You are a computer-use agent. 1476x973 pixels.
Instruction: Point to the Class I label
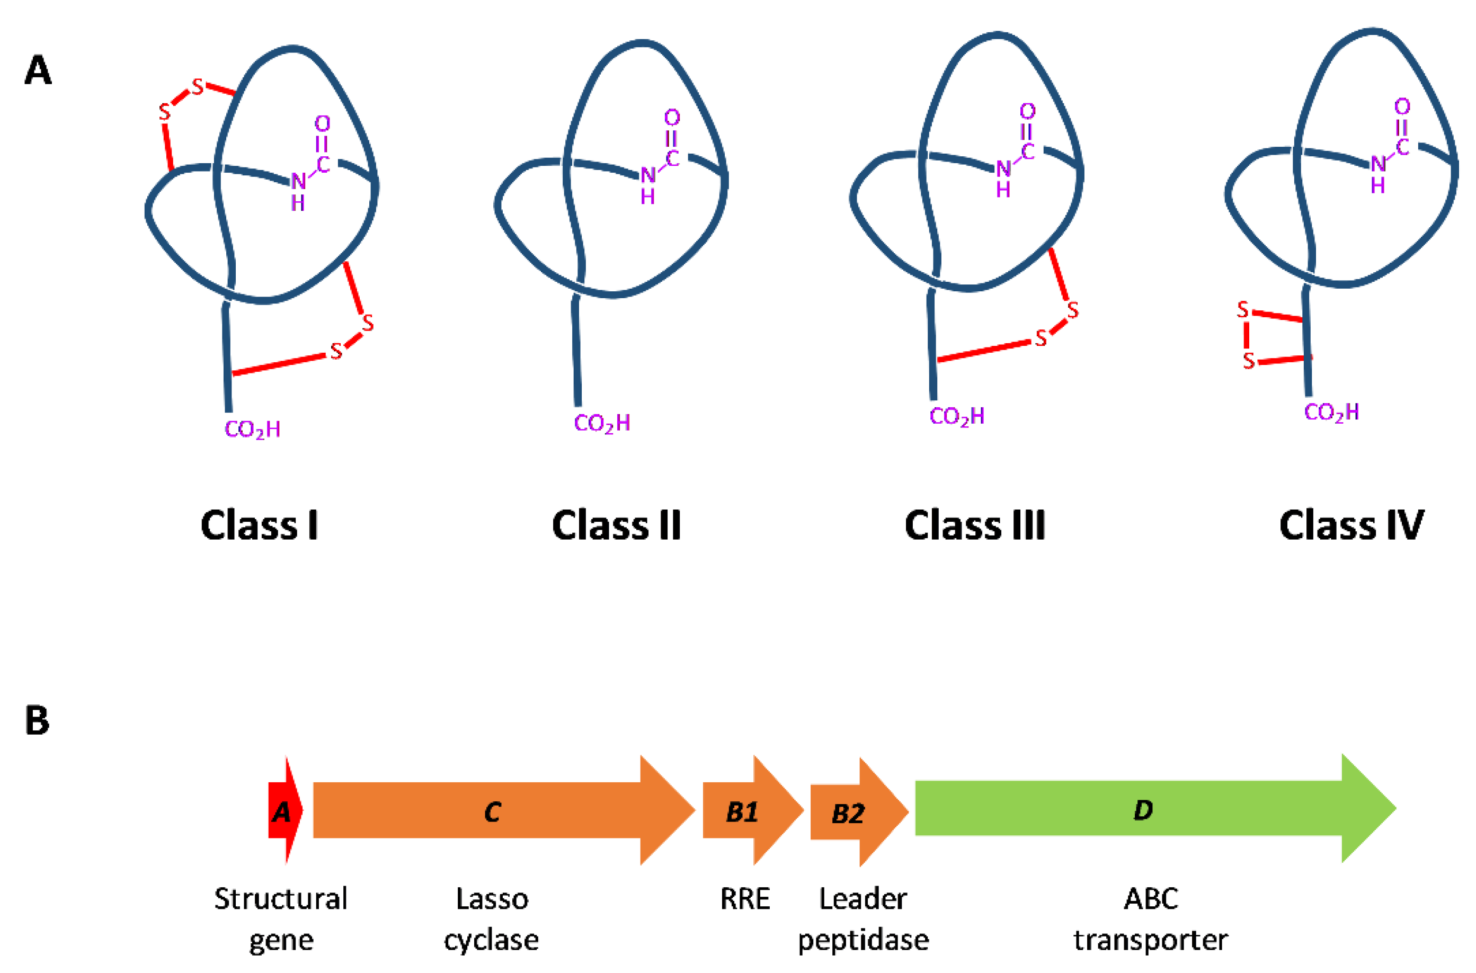coord(260,525)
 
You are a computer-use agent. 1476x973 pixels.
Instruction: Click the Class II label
coord(616,525)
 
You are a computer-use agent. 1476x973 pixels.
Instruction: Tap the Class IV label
coord(1352,525)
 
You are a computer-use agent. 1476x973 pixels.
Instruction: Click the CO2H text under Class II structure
coord(602,423)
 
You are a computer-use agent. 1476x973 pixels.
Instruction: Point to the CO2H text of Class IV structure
coord(1332,412)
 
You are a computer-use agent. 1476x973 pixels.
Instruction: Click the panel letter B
coord(37,721)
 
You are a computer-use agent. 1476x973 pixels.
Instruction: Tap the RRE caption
coord(745,899)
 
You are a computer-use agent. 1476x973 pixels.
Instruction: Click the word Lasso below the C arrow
coord(492,899)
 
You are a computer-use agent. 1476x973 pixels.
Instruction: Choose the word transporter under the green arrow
coord(1151,941)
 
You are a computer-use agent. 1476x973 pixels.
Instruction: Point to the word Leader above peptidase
coord(863,899)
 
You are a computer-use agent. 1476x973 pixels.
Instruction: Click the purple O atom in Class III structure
coord(1028,112)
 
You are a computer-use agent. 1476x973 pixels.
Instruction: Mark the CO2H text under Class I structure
coord(253,430)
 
